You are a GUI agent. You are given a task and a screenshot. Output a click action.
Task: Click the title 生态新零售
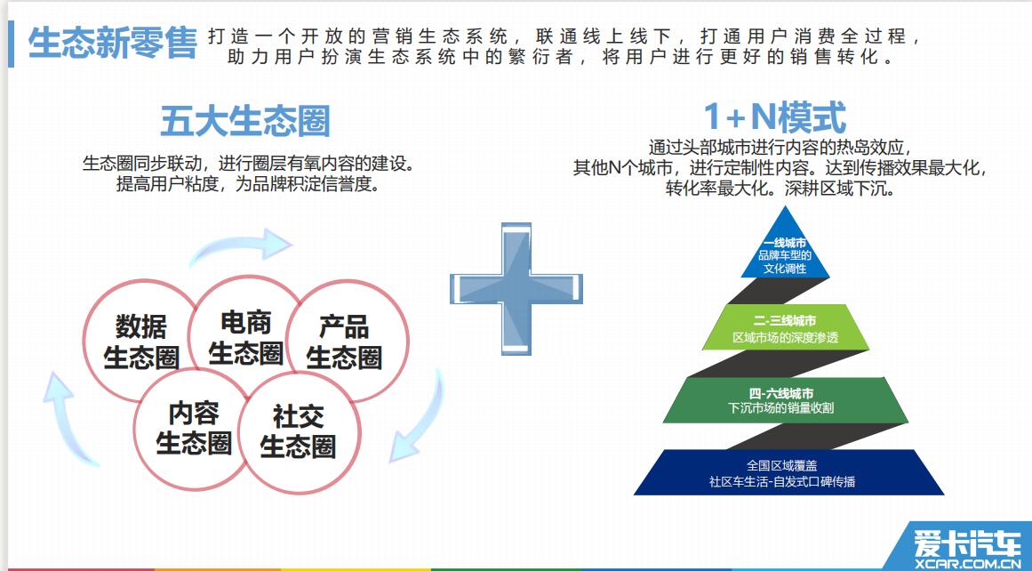[x=112, y=44]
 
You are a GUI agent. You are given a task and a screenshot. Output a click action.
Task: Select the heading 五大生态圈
[x=244, y=121]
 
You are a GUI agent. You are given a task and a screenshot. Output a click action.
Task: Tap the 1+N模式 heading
[x=774, y=117]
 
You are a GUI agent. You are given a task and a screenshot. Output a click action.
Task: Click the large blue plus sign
[x=516, y=288]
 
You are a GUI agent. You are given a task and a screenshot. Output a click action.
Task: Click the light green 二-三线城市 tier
[x=785, y=327]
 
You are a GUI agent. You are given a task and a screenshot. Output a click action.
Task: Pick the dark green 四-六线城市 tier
[x=785, y=399]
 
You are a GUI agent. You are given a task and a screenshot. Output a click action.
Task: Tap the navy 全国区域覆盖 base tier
[x=788, y=472]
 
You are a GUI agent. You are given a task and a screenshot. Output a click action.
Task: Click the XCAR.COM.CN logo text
[x=967, y=563]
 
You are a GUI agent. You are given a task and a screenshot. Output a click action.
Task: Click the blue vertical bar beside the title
[x=11, y=44]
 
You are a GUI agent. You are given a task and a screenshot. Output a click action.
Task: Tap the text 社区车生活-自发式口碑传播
[x=782, y=481]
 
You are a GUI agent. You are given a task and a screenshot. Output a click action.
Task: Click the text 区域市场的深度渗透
[x=785, y=338]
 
